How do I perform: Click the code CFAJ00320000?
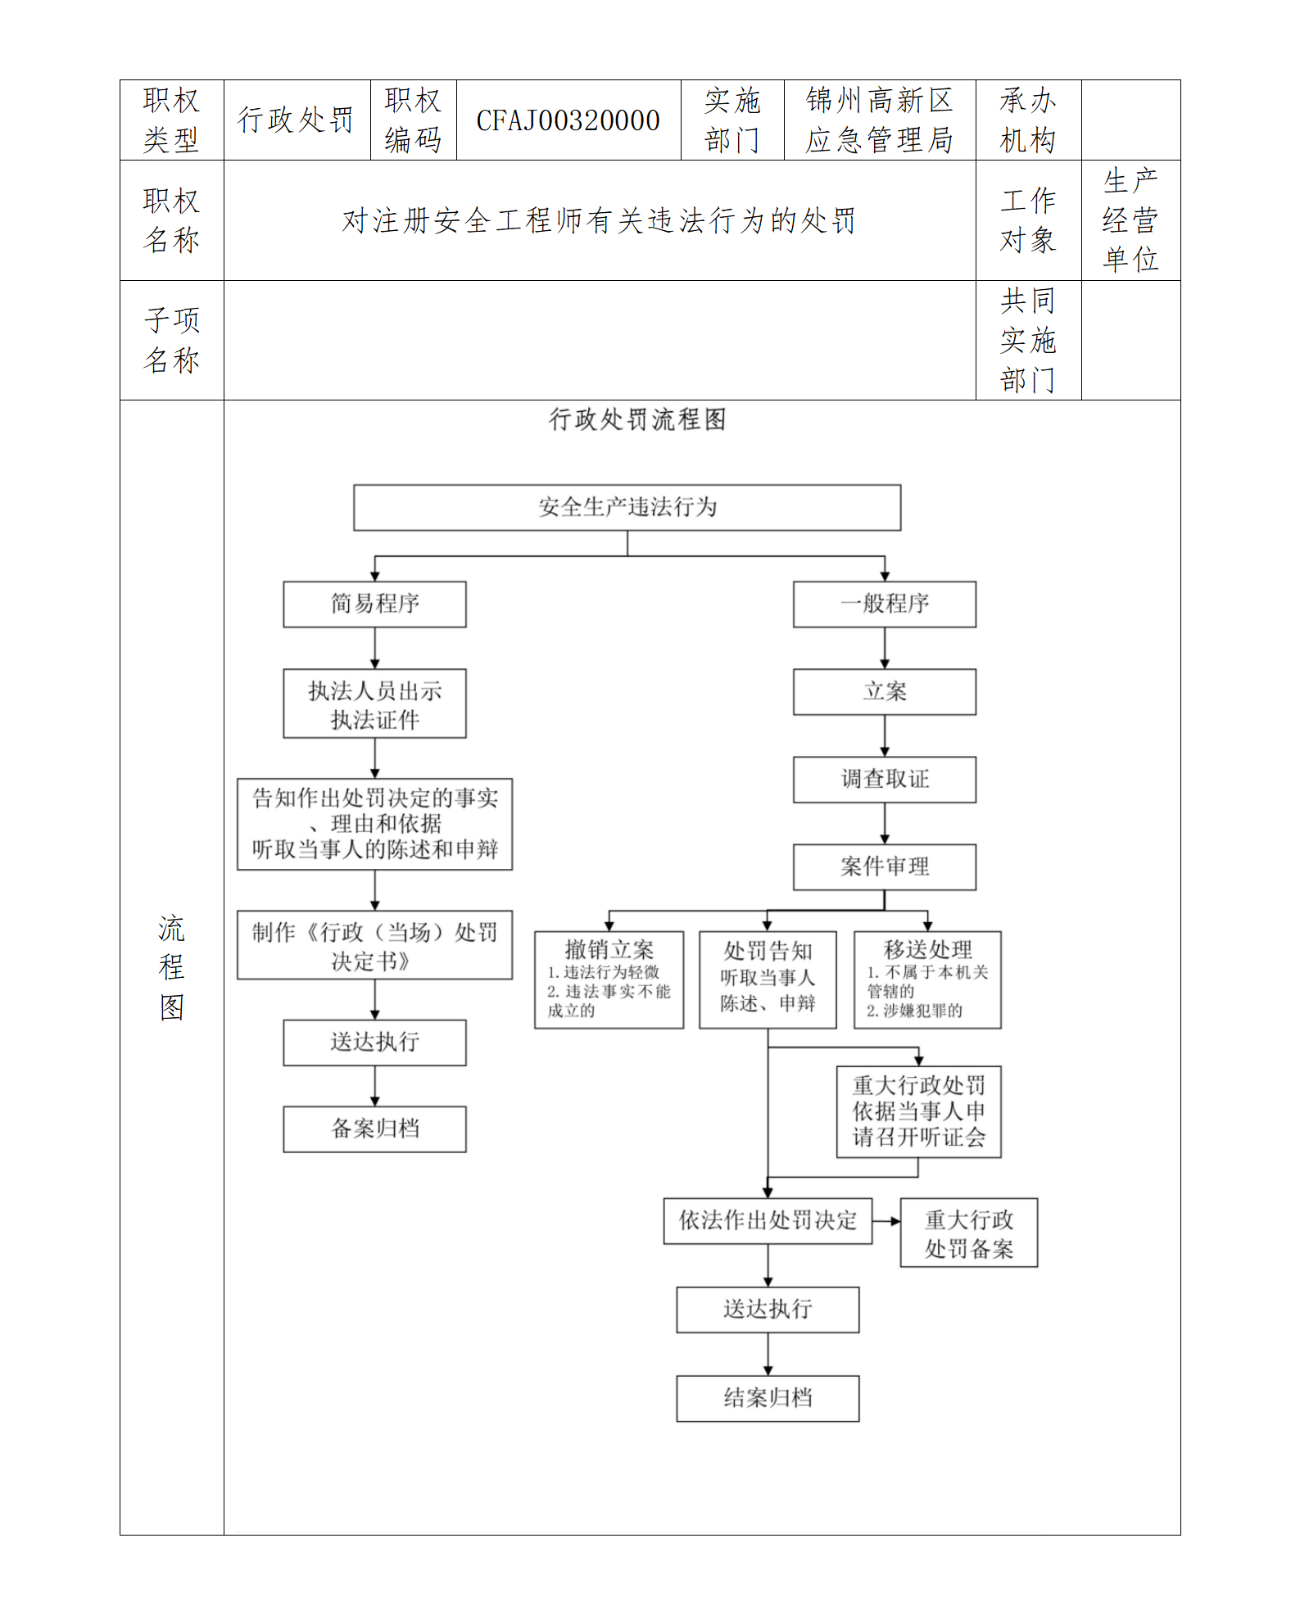click(568, 120)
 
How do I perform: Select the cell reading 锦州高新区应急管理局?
click(879, 120)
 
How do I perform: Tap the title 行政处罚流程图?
click(637, 419)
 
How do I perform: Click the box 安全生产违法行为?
click(627, 507)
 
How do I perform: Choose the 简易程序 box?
click(374, 604)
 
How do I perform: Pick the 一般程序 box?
click(884, 604)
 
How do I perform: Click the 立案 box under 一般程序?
click(884, 692)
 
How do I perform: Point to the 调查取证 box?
click(884, 779)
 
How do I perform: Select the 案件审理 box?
click(884, 866)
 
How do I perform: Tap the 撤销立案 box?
click(609, 979)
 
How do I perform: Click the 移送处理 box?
click(927, 979)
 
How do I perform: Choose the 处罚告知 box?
click(768, 979)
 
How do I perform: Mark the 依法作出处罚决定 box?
click(768, 1221)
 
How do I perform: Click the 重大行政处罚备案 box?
click(968, 1233)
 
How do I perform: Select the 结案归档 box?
click(768, 1398)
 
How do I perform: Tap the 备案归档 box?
click(374, 1129)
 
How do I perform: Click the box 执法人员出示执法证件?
click(374, 703)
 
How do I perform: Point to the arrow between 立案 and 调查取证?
click(885, 736)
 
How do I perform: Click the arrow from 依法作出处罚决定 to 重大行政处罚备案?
click(886, 1221)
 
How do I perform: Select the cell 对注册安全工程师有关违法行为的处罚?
click(599, 220)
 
